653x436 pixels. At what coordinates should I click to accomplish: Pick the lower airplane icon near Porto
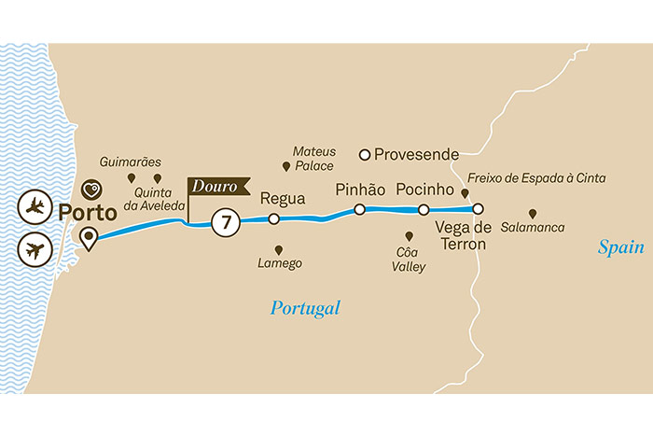[35, 249]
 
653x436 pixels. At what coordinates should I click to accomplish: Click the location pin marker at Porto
[89, 239]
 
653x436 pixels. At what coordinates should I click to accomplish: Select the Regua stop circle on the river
[273, 219]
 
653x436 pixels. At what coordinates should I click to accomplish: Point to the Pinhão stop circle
[359, 210]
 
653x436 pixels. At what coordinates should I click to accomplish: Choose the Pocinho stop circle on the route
[424, 210]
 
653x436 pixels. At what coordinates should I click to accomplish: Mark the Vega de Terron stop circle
[478, 209]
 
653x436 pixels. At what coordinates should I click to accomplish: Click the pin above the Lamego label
[279, 249]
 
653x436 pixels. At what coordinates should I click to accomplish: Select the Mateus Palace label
[313, 158]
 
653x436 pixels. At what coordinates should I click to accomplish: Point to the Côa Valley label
[410, 260]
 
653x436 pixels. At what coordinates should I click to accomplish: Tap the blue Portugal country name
[305, 307]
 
